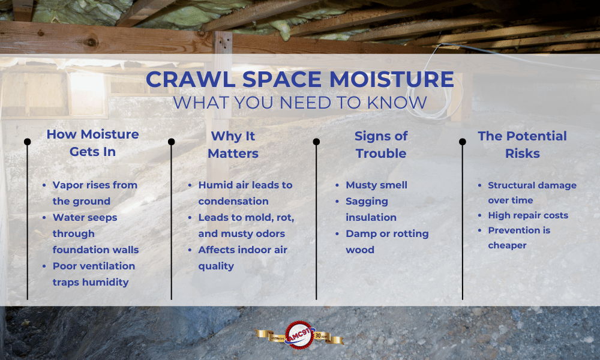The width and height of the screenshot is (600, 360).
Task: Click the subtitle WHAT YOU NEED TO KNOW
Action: click(299, 103)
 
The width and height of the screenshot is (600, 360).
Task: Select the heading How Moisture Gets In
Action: click(92, 143)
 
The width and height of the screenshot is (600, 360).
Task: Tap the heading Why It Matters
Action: click(233, 145)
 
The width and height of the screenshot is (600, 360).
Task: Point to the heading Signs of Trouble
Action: click(381, 145)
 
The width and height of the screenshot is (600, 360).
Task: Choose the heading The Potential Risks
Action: click(523, 145)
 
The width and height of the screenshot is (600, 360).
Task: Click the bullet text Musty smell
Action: click(377, 185)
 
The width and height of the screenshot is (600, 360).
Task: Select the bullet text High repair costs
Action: click(528, 215)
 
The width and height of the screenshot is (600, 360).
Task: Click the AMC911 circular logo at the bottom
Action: click(299, 335)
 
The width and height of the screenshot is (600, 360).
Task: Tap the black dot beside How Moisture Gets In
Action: click(27, 142)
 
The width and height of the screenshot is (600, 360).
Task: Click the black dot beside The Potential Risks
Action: click(462, 142)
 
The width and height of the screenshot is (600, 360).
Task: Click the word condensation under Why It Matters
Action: click(233, 201)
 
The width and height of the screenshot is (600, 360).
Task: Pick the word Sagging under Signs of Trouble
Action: click(367, 202)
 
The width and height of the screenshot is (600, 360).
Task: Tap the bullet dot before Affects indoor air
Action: click(190, 250)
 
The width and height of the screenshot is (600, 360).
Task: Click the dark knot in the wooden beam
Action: click(91, 41)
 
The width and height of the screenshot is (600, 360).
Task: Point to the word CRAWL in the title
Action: click(191, 79)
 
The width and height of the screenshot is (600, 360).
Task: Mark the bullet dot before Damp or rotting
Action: click(337, 234)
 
